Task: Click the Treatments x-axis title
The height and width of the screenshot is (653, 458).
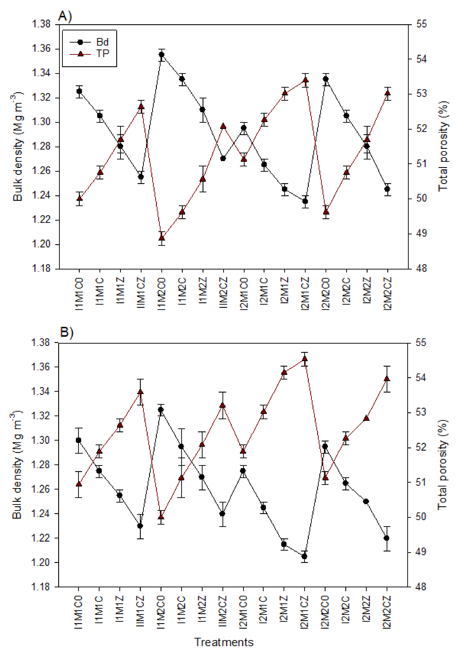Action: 224,642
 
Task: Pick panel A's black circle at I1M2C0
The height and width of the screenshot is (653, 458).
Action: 161,55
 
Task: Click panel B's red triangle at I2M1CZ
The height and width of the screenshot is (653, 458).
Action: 304,359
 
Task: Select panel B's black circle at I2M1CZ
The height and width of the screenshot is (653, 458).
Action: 304,556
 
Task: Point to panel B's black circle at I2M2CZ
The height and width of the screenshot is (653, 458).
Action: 386,538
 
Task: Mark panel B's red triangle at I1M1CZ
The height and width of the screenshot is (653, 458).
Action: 140,392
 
